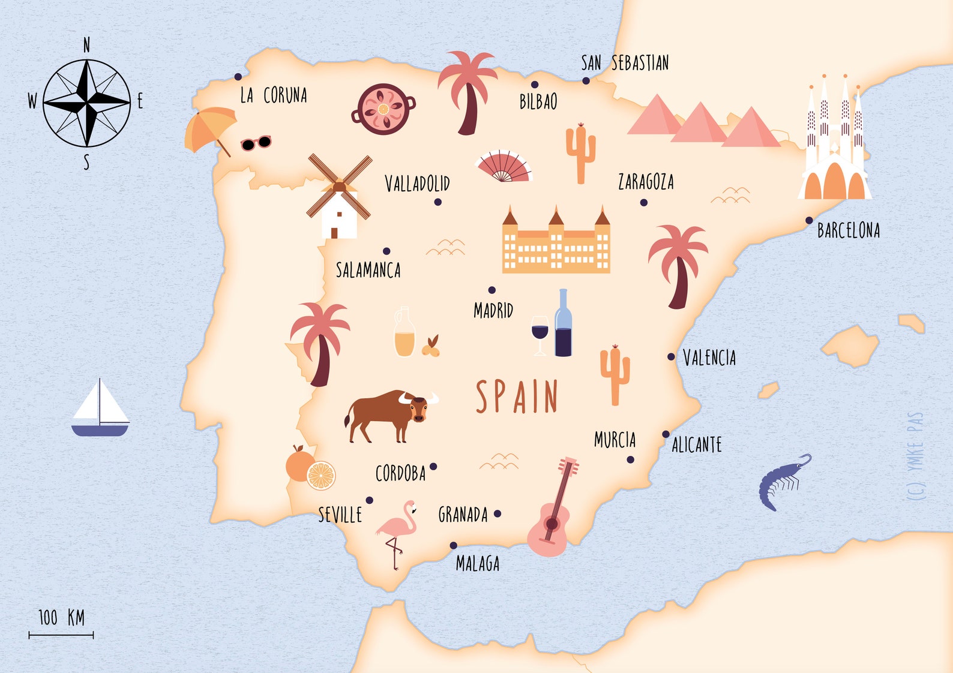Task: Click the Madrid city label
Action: pyautogui.click(x=493, y=310)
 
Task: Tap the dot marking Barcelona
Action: pyautogui.click(x=809, y=220)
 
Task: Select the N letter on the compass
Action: pyautogui.click(x=87, y=45)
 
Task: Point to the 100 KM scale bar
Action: pyautogui.click(x=61, y=634)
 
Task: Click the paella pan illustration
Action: pyautogui.click(x=383, y=109)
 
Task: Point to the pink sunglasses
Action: pyautogui.click(x=256, y=143)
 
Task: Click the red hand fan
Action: pyautogui.click(x=503, y=167)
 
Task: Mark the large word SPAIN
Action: pyautogui.click(x=517, y=396)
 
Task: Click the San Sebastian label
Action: pyautogui.click(x=625, y=63)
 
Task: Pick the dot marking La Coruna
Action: pyautogui.click(x=238, y=77)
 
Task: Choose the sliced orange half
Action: pyautogui.click(x=321, y=476)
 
